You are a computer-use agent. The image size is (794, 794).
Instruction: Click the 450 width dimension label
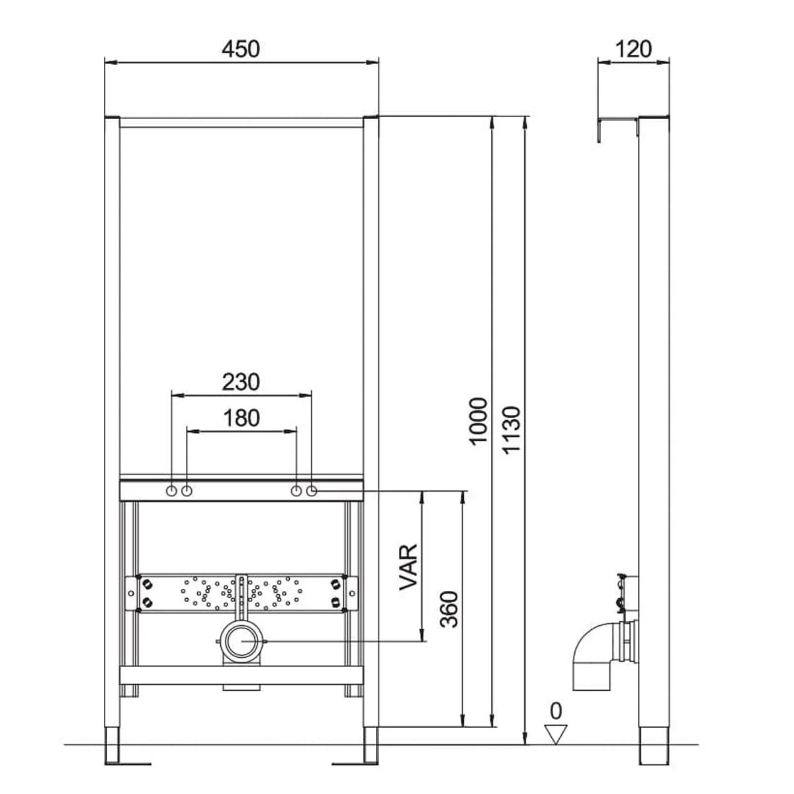click(241, 49)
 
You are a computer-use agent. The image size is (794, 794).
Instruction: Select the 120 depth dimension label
click(633, 49)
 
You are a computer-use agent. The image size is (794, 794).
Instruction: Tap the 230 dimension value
click(241, 382)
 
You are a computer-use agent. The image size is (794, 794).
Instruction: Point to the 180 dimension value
click(242, 418)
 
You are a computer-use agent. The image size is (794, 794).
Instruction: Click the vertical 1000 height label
click(478, 421)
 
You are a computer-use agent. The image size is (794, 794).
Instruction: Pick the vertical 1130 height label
click(511, 431)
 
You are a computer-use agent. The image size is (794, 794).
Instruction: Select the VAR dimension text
click(408, 567)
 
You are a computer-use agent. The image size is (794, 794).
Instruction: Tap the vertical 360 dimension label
click(449, 609)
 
